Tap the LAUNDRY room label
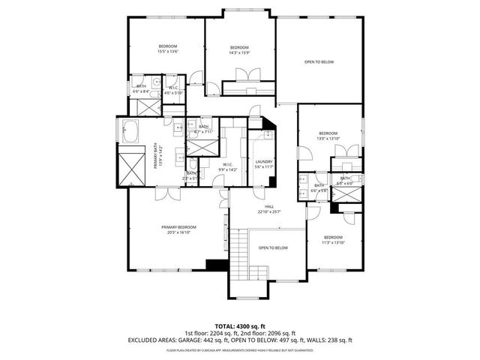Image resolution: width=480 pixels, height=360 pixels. point(263,161)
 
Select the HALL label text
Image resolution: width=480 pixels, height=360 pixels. point(269,206)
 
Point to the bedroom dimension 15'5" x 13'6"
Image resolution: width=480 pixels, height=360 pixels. point(167,52)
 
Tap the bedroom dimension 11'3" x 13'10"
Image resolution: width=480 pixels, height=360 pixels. point(333,242)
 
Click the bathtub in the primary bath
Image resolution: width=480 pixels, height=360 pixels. point(129,130)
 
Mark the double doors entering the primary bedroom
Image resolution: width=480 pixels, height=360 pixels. point(163,193)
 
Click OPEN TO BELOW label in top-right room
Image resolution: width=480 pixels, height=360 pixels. point(319,62)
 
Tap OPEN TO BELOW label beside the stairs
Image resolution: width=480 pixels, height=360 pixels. point(273,247)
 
